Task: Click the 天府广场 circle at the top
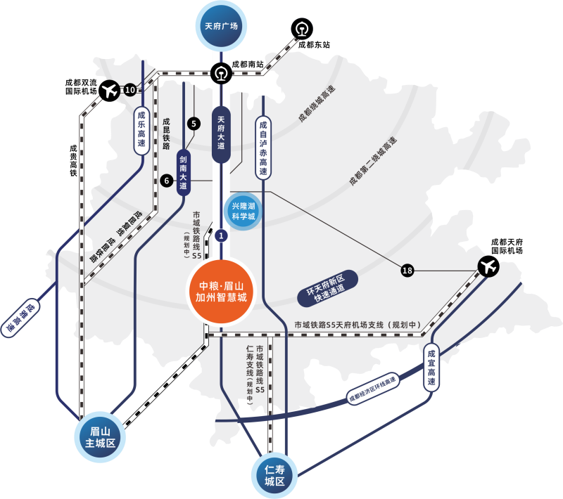(221, 26)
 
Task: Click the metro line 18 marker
(408, 271)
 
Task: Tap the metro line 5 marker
(194, 124)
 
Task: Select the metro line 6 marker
(167, 180)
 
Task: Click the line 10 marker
(129, 90)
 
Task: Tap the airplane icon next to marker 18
(487, 266)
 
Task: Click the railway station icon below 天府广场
(221, 72)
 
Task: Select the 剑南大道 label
(184, 172)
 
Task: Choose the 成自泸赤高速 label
(262, 148)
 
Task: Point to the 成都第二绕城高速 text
(372, 161)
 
